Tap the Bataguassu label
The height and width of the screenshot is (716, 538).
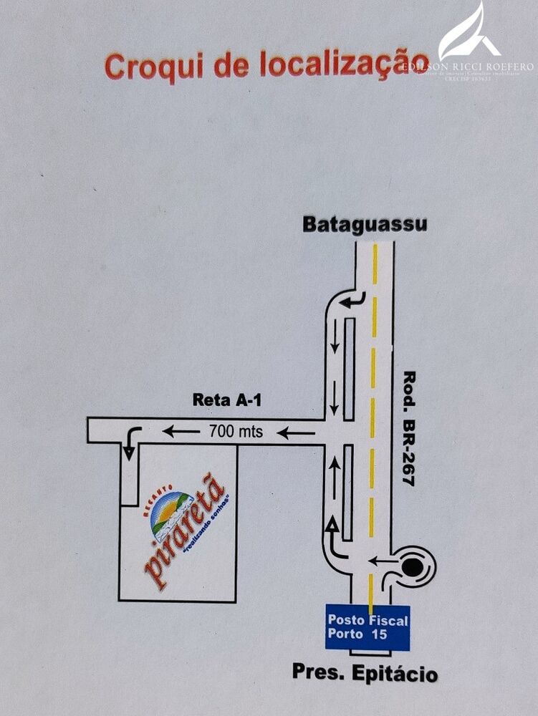(365, 223)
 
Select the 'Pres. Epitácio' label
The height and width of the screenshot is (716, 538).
(365, 673)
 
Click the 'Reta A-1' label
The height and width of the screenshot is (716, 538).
(227, 400)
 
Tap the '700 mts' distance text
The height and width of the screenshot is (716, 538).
(236, 432)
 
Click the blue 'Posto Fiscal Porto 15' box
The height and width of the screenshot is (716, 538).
(368, 627)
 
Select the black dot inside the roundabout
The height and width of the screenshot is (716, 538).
(412, 568)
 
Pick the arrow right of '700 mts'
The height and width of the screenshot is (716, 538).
(296, 432)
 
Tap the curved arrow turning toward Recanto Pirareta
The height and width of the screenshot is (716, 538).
(130, 442)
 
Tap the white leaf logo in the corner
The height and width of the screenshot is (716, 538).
(470, 33)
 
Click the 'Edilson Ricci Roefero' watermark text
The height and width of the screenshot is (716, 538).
(468, 67)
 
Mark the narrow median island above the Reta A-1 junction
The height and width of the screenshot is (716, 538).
(349, 368)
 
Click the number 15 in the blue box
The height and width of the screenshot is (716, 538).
(379, 634)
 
